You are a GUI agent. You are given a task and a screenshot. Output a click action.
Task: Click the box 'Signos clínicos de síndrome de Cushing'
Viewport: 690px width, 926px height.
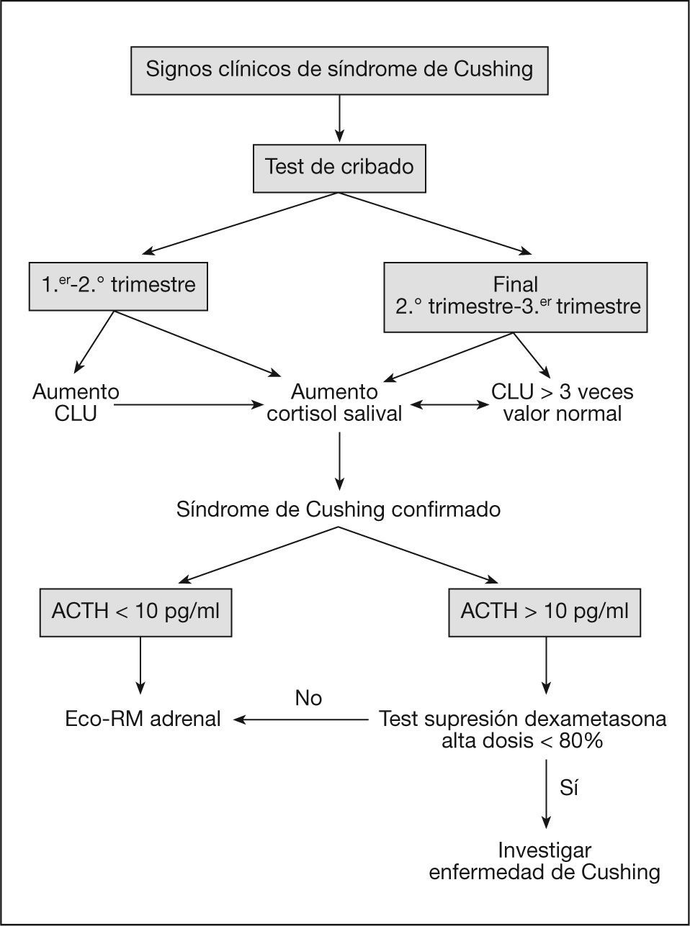[339, 71]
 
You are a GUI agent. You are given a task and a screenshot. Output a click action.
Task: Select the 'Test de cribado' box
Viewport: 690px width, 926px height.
[339, 168]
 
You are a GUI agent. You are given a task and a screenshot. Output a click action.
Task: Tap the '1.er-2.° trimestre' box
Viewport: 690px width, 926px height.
[118, 286]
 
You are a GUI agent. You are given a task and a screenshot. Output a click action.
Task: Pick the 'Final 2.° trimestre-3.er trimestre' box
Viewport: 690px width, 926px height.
[515, 297]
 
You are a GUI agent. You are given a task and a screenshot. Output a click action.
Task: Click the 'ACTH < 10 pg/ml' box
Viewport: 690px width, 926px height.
[136, 612]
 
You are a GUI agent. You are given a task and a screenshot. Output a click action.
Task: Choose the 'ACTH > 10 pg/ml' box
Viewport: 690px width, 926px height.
[545, 612]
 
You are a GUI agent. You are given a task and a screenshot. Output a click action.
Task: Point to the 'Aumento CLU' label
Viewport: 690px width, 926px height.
[76, 403]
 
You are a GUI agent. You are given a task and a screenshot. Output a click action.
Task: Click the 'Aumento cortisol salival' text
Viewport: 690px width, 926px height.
[334, 403]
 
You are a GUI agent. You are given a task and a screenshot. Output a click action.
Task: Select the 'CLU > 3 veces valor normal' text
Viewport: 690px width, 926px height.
[562, 403]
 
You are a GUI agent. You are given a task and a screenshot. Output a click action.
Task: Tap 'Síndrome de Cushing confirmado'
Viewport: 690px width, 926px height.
[338, 509]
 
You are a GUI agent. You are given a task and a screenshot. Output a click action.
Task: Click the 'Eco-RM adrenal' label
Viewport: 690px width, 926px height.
[143, 719]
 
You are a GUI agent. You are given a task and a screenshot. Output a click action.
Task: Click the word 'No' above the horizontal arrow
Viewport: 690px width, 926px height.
[308, 698]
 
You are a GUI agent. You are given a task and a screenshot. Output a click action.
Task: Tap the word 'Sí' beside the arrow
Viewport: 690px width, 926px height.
[569, 787]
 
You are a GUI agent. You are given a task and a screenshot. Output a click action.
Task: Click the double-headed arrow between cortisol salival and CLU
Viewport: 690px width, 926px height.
[449, 404]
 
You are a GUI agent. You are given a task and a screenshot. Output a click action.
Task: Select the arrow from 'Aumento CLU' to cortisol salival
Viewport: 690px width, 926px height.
[189, 404]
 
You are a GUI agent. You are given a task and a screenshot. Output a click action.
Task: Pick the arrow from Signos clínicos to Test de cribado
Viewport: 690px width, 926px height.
[339, 119]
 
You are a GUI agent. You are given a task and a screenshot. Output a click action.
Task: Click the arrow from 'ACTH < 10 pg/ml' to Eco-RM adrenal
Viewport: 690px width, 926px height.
[140, 666]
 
